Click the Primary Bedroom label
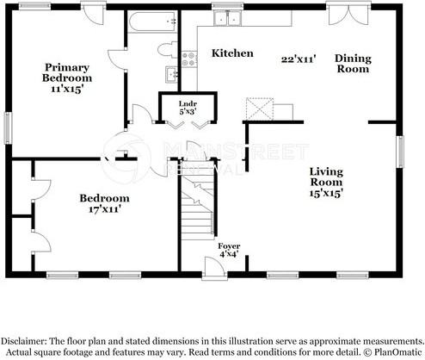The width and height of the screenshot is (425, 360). click(67, 72)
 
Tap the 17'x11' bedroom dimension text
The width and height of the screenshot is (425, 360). click(104, 209)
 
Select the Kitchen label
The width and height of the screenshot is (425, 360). click(232, 53)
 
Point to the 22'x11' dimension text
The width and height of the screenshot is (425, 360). click(299, 59)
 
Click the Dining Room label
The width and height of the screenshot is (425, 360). click(353, 64)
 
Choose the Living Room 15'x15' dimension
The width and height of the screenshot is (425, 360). click(326, 193)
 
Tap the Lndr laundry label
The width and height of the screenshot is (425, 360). click(188, 103)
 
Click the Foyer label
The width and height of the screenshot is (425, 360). click(229, 246)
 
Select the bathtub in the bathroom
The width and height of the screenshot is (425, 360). click(152, 22)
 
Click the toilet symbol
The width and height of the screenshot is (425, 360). click(168, 50)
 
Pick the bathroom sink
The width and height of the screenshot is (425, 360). click(171, 74)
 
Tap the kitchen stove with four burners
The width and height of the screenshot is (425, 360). click(189, 59)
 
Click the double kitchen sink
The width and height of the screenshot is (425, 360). click(228, 18)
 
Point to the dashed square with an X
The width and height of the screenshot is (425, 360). click(260, 109)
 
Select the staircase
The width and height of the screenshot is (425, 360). click(198, 201)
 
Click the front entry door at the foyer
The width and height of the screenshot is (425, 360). click(214, 268)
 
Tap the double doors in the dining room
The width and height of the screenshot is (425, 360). click(348, 14)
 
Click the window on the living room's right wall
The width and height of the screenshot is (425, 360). click(400, 152)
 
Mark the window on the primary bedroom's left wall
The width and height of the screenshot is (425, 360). click(9, 127)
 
